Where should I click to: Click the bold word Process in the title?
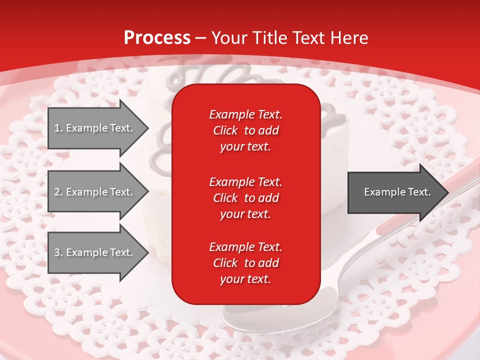point(157,38)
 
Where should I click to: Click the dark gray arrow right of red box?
point(395,192)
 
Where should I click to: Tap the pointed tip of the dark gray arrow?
point(447,192)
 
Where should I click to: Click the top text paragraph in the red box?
point(245,130)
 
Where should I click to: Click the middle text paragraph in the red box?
point(245,197)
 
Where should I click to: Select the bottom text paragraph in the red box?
point(245,263)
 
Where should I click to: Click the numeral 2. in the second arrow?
point(58,192)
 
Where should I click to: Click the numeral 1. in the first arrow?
point(58,128)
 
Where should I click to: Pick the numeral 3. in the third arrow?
point(58,252)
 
